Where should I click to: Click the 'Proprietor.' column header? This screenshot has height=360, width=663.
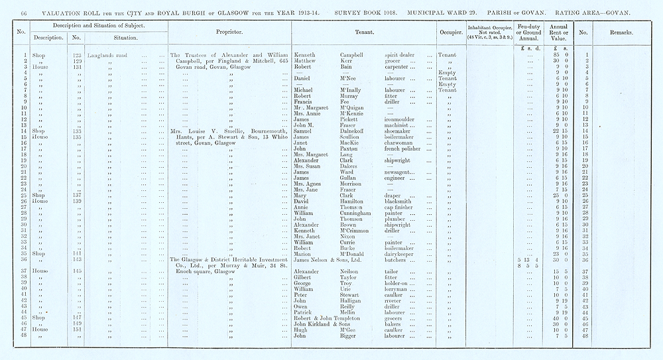[230, 31]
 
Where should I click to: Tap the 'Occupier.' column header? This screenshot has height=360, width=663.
[450, 31]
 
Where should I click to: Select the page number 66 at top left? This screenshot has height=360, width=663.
[25, 13]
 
